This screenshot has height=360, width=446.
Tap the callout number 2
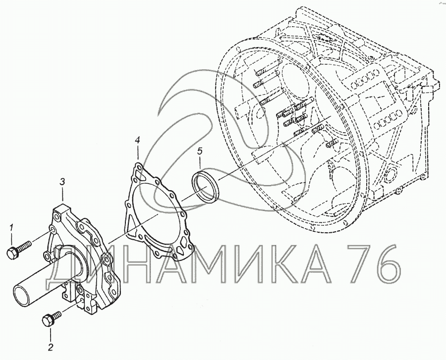tap(51, 347)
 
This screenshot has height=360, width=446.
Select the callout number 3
tap(63, 181)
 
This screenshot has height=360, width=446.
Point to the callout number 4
tap(137, 140)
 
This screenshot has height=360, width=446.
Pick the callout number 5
tap(200, 152)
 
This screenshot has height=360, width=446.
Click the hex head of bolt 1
tap(12, 253)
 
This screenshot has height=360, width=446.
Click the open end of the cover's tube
tap(21, 296)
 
